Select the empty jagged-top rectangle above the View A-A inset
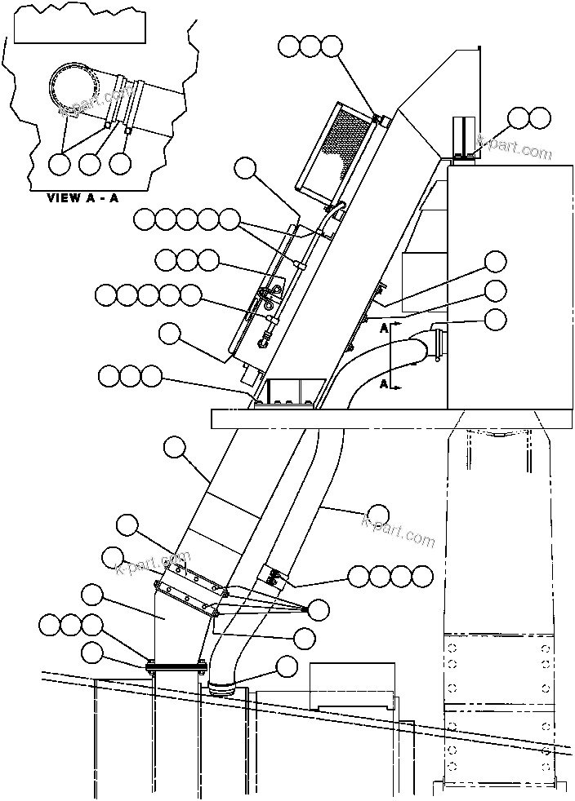point(80,29)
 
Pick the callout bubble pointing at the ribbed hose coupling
point(286,666)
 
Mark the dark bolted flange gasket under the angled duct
point(176,667)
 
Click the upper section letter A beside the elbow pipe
point(384,328)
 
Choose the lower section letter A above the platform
point(384,381)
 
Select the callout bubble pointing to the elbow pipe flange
point(495,320)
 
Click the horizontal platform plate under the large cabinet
point(392,418)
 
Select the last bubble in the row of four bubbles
point(422,577)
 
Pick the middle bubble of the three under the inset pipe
point(90,163)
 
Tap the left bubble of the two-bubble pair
point(518,118)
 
